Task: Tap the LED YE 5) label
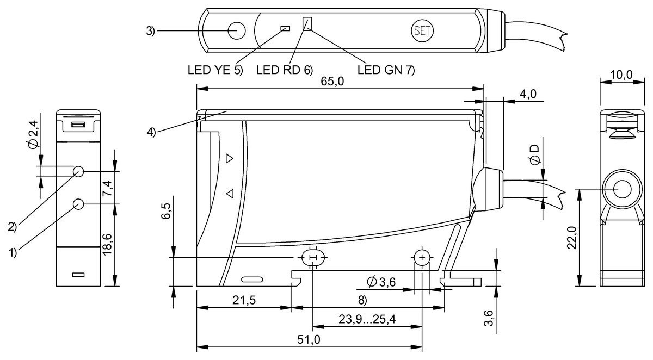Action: coord(213,70)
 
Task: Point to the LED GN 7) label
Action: coord(386,70)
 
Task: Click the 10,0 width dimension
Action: coord(621,75)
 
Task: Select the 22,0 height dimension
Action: coord(569,238)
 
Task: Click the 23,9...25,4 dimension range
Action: coord(368,320)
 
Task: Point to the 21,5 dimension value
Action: coord(244,300)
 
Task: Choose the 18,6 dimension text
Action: coord(108,245)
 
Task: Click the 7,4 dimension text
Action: coord(108,188)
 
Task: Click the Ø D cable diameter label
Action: coord(535,155)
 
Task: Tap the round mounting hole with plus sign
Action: coord(422,257)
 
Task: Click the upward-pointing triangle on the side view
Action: coord(229,158)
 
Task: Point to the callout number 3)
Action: coord(151,31)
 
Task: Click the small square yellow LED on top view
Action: coord(284,28)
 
